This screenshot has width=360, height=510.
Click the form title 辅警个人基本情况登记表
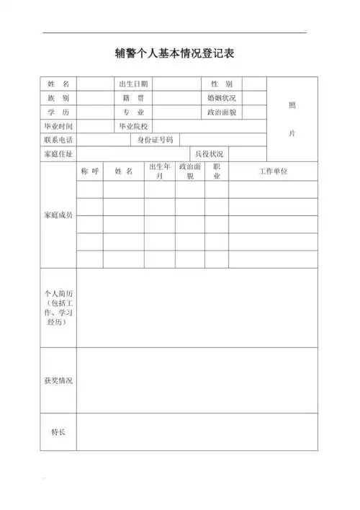175,53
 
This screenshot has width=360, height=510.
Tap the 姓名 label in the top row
58,84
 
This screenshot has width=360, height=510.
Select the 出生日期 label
133,84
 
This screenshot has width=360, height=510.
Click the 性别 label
221,84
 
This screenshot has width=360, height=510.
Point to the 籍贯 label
133,98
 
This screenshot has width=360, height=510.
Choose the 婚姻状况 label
221,98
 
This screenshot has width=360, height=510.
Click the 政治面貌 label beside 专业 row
221,112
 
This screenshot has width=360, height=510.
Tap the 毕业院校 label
133,126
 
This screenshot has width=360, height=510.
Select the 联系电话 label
58,140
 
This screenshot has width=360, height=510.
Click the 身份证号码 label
155,140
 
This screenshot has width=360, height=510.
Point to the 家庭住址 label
58,154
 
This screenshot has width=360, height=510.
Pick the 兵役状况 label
210,154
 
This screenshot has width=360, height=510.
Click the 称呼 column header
89,171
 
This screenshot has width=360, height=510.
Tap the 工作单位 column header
273,171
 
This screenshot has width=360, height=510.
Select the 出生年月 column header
159,171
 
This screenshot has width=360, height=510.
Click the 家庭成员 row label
58,215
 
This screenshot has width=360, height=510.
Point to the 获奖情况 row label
58,380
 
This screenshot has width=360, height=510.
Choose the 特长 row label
58,432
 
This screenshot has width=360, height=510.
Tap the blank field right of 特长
197,432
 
